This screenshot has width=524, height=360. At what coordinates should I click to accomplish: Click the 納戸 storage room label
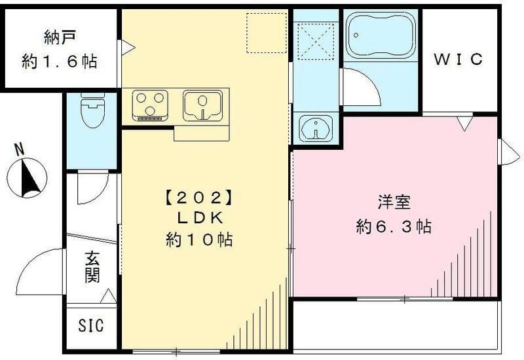tap(59, 37)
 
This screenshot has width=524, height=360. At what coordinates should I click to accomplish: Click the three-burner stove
tap(150, 105)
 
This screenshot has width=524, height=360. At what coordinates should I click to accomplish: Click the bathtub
tap(380, 35)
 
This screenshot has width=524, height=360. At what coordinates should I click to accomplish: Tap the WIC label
tap(459, 60)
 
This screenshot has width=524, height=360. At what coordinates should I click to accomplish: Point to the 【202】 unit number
tap(198, 196)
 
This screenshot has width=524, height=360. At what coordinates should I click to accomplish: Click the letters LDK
tap(198, 217)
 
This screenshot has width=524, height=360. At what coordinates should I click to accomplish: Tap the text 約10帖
tap(198, 240)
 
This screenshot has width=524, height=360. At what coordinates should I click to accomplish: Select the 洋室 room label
tap(394, 202)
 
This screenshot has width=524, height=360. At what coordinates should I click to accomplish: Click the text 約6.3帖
tap(394, 226)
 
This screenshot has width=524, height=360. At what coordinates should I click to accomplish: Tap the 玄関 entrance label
tap(92, 267)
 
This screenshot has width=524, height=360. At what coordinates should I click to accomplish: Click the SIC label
tap(91, 325)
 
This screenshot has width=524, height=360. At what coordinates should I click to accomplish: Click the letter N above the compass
tap(20, 149)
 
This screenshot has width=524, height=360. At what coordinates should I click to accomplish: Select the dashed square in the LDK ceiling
tap(267, 33)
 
